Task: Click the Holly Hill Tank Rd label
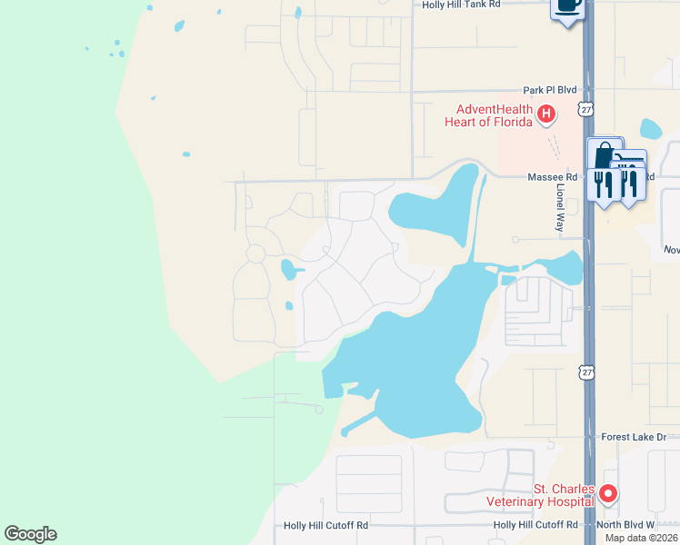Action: click(x=461, y=5)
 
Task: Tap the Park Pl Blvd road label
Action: click(x=550, y=91)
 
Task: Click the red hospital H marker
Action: click(x=546, y=114)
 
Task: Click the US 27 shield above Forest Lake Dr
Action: click(x=586, y=372)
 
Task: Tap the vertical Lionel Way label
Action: click(x=560, y=208)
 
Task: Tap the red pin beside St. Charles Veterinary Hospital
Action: click(x=608, y=494)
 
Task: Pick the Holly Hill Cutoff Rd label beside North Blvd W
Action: click(x=535, y=525)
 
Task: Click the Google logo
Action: click(x=30, y=534)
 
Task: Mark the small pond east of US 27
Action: click(x=651, y=129)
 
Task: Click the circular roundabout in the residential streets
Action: click(x=255, y=253)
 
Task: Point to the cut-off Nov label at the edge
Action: click(x=672, y=250)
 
